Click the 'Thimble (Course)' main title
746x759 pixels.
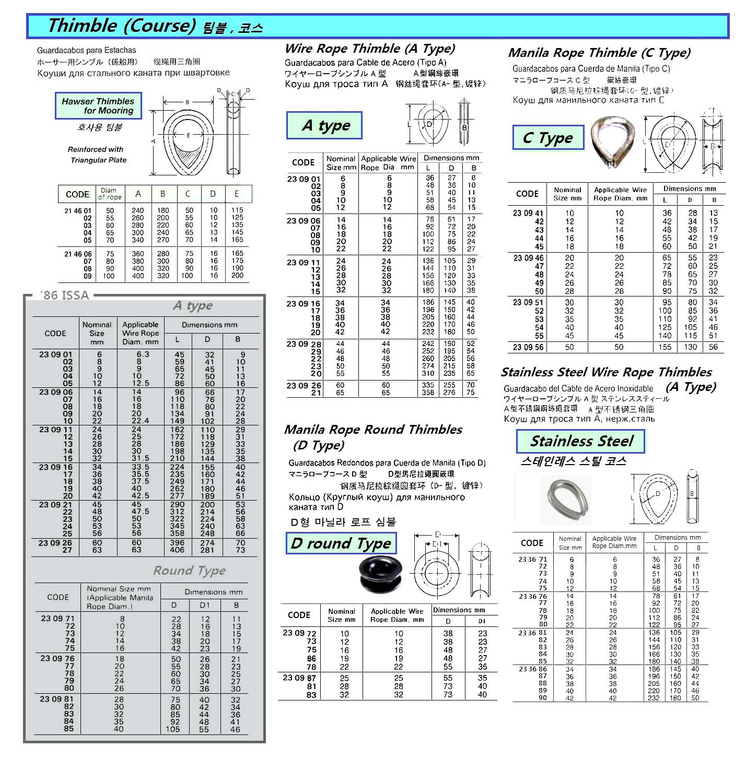pyautogui.click(x=121, y=26)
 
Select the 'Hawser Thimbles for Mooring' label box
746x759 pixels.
pyautogui.click(x=98, y=106)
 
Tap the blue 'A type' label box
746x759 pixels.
pyautogui.click(x=324, y=126)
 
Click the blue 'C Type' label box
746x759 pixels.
pyautogui.click(x=547, y=138)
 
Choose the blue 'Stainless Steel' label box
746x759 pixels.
pyautogui.click(x=580, y=442)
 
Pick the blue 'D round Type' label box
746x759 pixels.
pyautogui.click(x=341, y=543)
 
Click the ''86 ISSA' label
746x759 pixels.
pyautogui.click(x=64, y=295)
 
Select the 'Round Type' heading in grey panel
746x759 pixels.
pyautogui.click(x=189, y=571)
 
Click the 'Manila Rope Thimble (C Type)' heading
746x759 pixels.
pyautogui.click(x=599, y=53)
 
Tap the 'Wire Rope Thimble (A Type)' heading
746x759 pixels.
pyautogui.click(x=370, y=49)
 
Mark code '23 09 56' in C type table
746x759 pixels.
pyautogui.click(x=528, y=347)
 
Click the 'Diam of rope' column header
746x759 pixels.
pyautogui.click(x=110, y=194)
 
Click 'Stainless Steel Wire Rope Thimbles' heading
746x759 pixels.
pyautogui.click(x=606, y=373)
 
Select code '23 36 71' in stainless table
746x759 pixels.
pyautogui.click(x=532, y=559)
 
